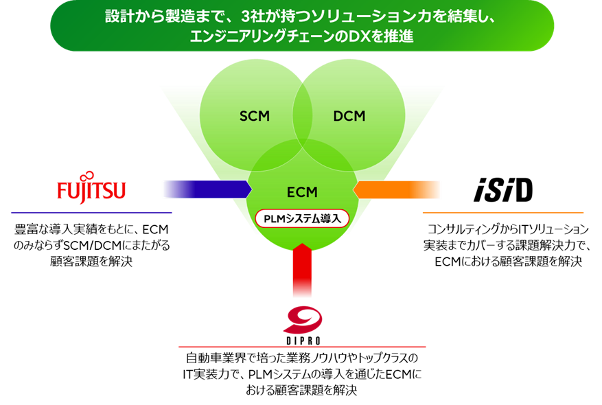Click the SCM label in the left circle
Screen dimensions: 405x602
254,116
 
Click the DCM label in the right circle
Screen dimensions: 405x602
349,116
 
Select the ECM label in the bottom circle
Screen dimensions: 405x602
301,192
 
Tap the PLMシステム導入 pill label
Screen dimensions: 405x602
302,218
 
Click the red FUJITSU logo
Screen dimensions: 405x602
91,189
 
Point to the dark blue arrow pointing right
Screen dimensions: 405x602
206,189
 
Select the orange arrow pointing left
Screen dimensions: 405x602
397,189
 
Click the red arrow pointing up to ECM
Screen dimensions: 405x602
302,270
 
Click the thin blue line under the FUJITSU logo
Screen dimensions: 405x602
91,213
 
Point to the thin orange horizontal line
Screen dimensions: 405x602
502,213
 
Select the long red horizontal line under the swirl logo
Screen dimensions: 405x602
302,347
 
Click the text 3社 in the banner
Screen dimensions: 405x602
253,16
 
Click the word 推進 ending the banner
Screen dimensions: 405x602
401,36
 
